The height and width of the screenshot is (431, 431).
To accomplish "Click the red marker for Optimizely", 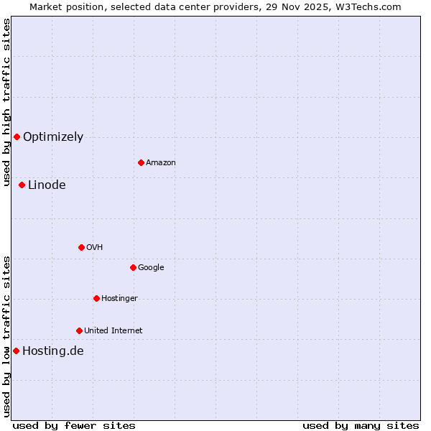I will (x=17, y=136).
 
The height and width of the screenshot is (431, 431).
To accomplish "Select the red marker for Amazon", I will (x=141, y=162).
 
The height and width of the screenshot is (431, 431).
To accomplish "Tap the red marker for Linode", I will (x=22, y=185).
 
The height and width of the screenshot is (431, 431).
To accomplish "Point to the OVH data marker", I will (x=81, y=247).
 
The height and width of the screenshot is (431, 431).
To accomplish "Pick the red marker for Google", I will (x=133, y=267).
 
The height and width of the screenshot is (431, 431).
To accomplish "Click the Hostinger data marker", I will (x=96, y=298).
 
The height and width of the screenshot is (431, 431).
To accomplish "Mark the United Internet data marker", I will (x=79, y=330).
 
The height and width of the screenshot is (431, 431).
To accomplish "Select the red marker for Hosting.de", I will (x=16, y=351).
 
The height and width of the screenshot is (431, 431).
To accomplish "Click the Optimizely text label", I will (x=53, y=137).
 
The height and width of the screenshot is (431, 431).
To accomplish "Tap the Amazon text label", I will (x=161, y=163).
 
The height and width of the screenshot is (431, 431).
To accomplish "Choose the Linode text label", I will (x=47, y=185).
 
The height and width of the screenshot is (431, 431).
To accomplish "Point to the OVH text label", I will (x=95, y=248).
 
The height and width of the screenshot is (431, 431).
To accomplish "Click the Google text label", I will (x=151, y=268).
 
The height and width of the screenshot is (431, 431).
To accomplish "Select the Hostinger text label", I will (x=119, y=299).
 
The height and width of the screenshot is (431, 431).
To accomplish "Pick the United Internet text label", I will (x=113, y=331).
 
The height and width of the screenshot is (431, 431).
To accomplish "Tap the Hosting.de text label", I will (x=53, y=351).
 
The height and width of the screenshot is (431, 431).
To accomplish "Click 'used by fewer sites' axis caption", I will (x=74, y=425).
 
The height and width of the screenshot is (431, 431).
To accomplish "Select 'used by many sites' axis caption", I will (x=361, y=425).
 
